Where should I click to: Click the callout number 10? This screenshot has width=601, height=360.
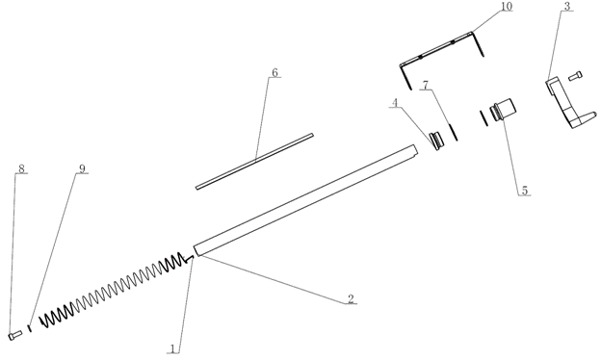coord(506,8)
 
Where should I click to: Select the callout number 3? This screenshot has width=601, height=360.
coord(567,6)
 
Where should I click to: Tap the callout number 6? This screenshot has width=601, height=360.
coord(274,73)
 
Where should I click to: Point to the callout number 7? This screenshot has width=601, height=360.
coord(425,85)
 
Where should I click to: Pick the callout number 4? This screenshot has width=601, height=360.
coord(395,103)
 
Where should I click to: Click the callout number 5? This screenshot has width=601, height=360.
coord(524,191)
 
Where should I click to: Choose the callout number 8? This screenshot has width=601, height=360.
coord(21,168)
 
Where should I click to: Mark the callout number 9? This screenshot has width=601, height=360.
coord(82,168)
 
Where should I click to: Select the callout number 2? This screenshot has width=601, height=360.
coord(351,298)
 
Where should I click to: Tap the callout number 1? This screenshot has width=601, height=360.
coord(172,348)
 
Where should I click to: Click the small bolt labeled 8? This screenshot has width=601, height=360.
coord(15,335)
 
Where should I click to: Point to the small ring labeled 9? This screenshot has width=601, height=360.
coord(29,328)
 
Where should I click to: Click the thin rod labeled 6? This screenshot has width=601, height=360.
coord(254,162)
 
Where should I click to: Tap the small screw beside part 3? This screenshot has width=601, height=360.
coord(575,75)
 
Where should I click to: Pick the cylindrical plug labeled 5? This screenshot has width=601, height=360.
coord(503,109)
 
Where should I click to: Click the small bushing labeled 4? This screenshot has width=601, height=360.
coord(436,141)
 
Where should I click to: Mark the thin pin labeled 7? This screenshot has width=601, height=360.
coord(453,131)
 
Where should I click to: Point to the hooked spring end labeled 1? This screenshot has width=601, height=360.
coord(189,259)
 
